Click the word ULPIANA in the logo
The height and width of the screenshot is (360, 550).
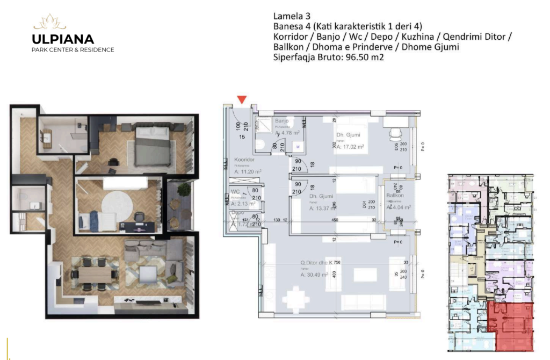[63, 39]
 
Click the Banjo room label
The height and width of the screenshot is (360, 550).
[283, 121]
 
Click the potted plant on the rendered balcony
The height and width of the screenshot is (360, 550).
[184, 190]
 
